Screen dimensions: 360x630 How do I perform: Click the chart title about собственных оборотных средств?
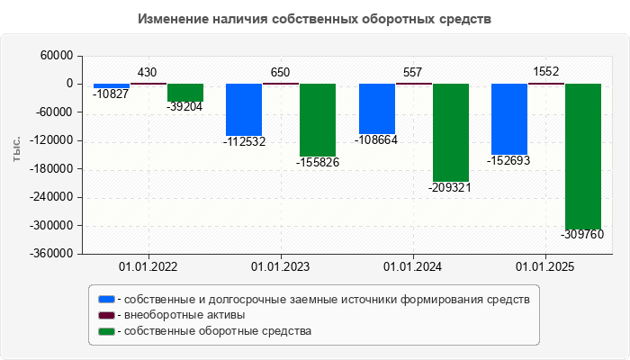tap(315, 19)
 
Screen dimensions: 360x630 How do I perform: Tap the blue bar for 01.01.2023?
tap(243, 109)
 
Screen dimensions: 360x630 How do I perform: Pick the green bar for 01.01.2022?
tap(185, 92)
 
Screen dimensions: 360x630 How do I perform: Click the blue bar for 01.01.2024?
tap(376, 108)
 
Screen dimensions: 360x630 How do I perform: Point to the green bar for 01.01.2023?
tap(318, 120)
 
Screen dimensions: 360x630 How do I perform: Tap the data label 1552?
tap(546, 72)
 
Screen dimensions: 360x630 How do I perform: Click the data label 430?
tap(147, 72)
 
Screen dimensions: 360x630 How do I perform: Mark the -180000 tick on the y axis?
tap(52, 169)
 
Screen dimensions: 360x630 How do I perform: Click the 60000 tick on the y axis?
tap(57, 56)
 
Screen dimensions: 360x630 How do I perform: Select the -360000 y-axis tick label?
tap(52, 254)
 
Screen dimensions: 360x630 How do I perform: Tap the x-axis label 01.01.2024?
tap(412, 267)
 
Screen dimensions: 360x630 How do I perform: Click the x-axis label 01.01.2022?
tap(148, 267)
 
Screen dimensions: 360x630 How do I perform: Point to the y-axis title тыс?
tap(17, 150)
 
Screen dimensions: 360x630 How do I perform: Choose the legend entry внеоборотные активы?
tap(184, 315)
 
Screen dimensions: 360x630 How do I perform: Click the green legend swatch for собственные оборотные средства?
tap(107, 331)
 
